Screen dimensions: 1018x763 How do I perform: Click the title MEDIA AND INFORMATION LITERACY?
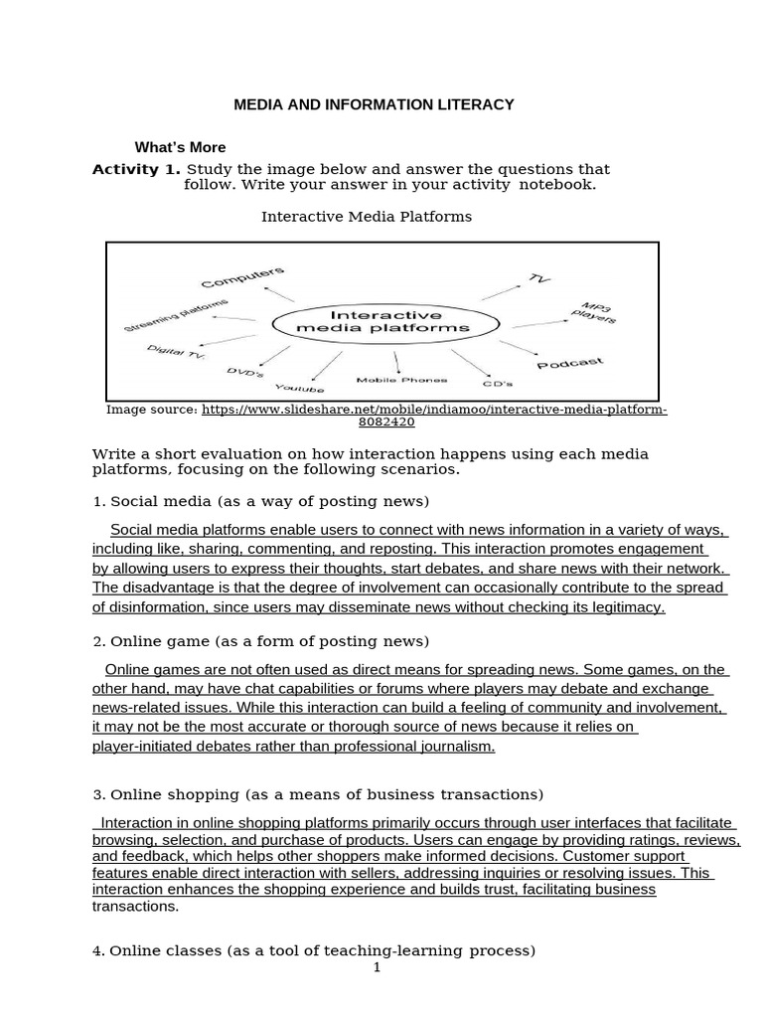tap(374, 103)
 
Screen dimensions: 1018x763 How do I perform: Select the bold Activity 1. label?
tap(137, 169)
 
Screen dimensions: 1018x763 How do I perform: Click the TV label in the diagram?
tap(539, 279)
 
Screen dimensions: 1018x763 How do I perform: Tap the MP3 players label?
tap(595, 312)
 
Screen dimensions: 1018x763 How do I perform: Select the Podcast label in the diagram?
tap(569, 364)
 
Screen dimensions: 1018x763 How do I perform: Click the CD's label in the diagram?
tap(497, 382)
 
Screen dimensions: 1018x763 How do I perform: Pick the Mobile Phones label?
tap(401, 380)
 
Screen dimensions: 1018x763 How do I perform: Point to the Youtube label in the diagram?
tap(299, 386)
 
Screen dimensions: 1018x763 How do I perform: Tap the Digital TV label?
tap(175, 353)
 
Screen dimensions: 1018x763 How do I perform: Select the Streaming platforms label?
tap(176, 315)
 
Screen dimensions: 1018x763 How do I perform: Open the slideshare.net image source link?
tap(434, 410)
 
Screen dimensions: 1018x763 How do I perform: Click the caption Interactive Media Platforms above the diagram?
tap(366, 216)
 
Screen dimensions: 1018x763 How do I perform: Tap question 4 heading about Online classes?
tap(313, 950)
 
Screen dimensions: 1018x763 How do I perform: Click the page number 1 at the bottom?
tap(378, 969)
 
